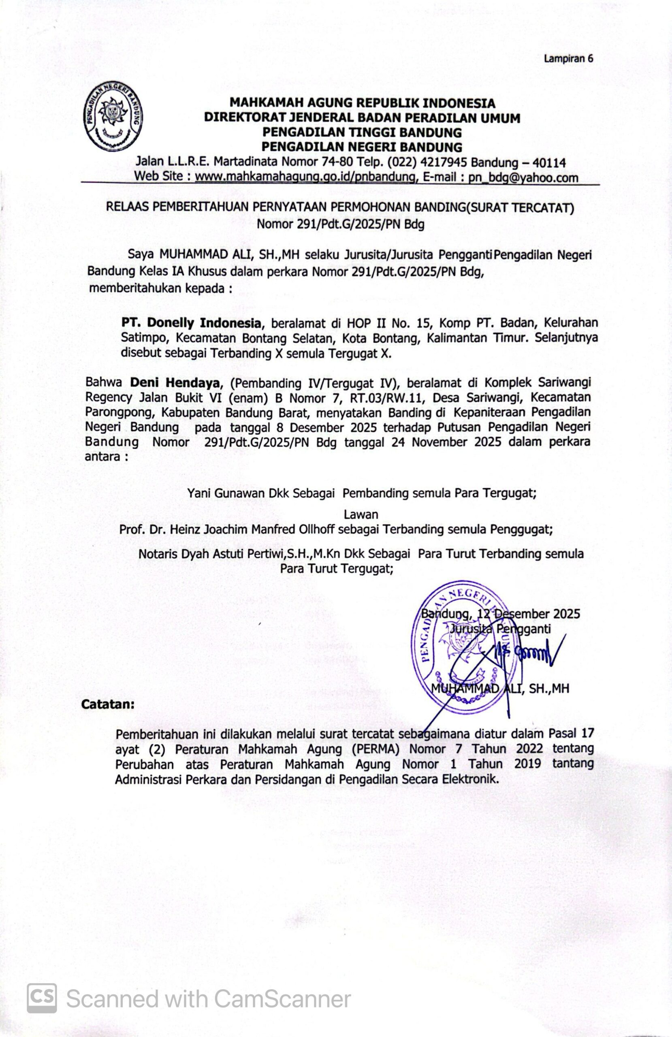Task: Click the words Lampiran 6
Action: [x=568, y=58]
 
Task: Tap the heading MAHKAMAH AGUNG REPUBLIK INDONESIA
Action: [x=362, y=103]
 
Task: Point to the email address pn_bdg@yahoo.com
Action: [x=523, y=177]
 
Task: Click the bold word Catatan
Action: [x=108, y=704]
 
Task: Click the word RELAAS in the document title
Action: [x=127, y=208]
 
